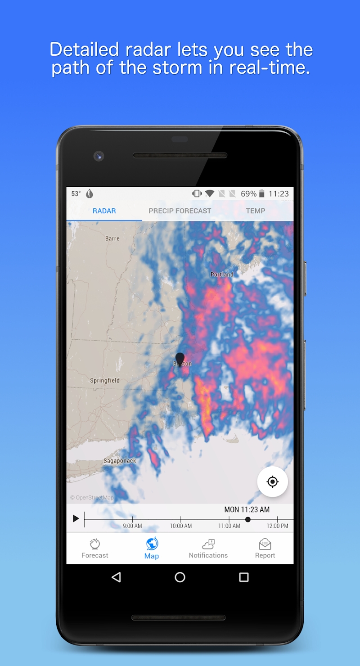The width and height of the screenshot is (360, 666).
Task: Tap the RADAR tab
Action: (x=104, y=211)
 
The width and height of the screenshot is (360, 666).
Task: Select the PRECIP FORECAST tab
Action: (x=180, y=211)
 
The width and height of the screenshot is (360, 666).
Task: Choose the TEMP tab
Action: (x=256, y=211)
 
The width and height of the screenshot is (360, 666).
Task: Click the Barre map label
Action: (x=112, y=238)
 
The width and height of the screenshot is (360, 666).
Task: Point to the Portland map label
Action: (x=222, y=274)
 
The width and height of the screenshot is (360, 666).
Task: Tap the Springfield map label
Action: (x=105, y=380)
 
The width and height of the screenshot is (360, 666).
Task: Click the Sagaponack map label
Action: (x=120, y=460)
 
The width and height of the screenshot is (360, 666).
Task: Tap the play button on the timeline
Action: (x=76, y=519)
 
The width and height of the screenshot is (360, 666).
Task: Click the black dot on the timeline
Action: (x=248, y=519)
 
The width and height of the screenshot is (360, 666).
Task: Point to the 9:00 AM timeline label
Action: (x=132, y=526)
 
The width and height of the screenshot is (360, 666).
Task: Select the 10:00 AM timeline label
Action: (x=180, y=526)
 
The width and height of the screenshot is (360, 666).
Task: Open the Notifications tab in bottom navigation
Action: (x=208, y=549)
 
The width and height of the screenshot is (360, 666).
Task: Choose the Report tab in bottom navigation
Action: (x=265, y=549)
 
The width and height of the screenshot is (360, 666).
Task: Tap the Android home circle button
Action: (x=180, y=577)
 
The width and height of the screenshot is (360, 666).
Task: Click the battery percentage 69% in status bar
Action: (x=248, y=194)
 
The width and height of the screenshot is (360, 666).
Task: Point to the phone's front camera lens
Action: (x=99, y=156)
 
